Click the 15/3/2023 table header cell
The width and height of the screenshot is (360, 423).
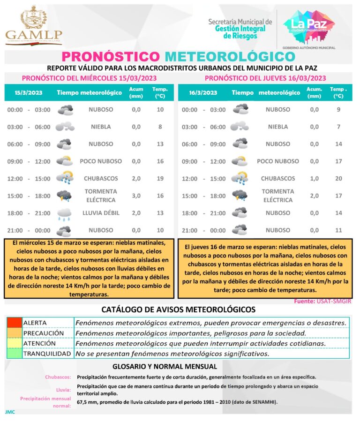[29, 92]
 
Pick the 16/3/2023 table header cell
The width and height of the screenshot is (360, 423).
[203, 92]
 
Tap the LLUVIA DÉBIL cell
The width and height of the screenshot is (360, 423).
[101, 213]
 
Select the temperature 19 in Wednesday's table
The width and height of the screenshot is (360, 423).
[160, 179]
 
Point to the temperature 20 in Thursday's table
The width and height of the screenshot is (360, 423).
[338, 179]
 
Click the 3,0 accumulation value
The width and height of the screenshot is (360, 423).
[136, 196]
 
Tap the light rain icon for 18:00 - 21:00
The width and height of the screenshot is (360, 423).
[64, 214]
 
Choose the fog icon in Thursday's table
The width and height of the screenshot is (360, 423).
[240, 127]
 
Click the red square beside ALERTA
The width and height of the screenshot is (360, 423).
[14, 323]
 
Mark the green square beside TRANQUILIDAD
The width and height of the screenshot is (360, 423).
[14, 354]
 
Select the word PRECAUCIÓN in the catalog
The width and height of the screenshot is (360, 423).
[43, 333]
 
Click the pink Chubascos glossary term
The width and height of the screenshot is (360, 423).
[58, 377]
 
